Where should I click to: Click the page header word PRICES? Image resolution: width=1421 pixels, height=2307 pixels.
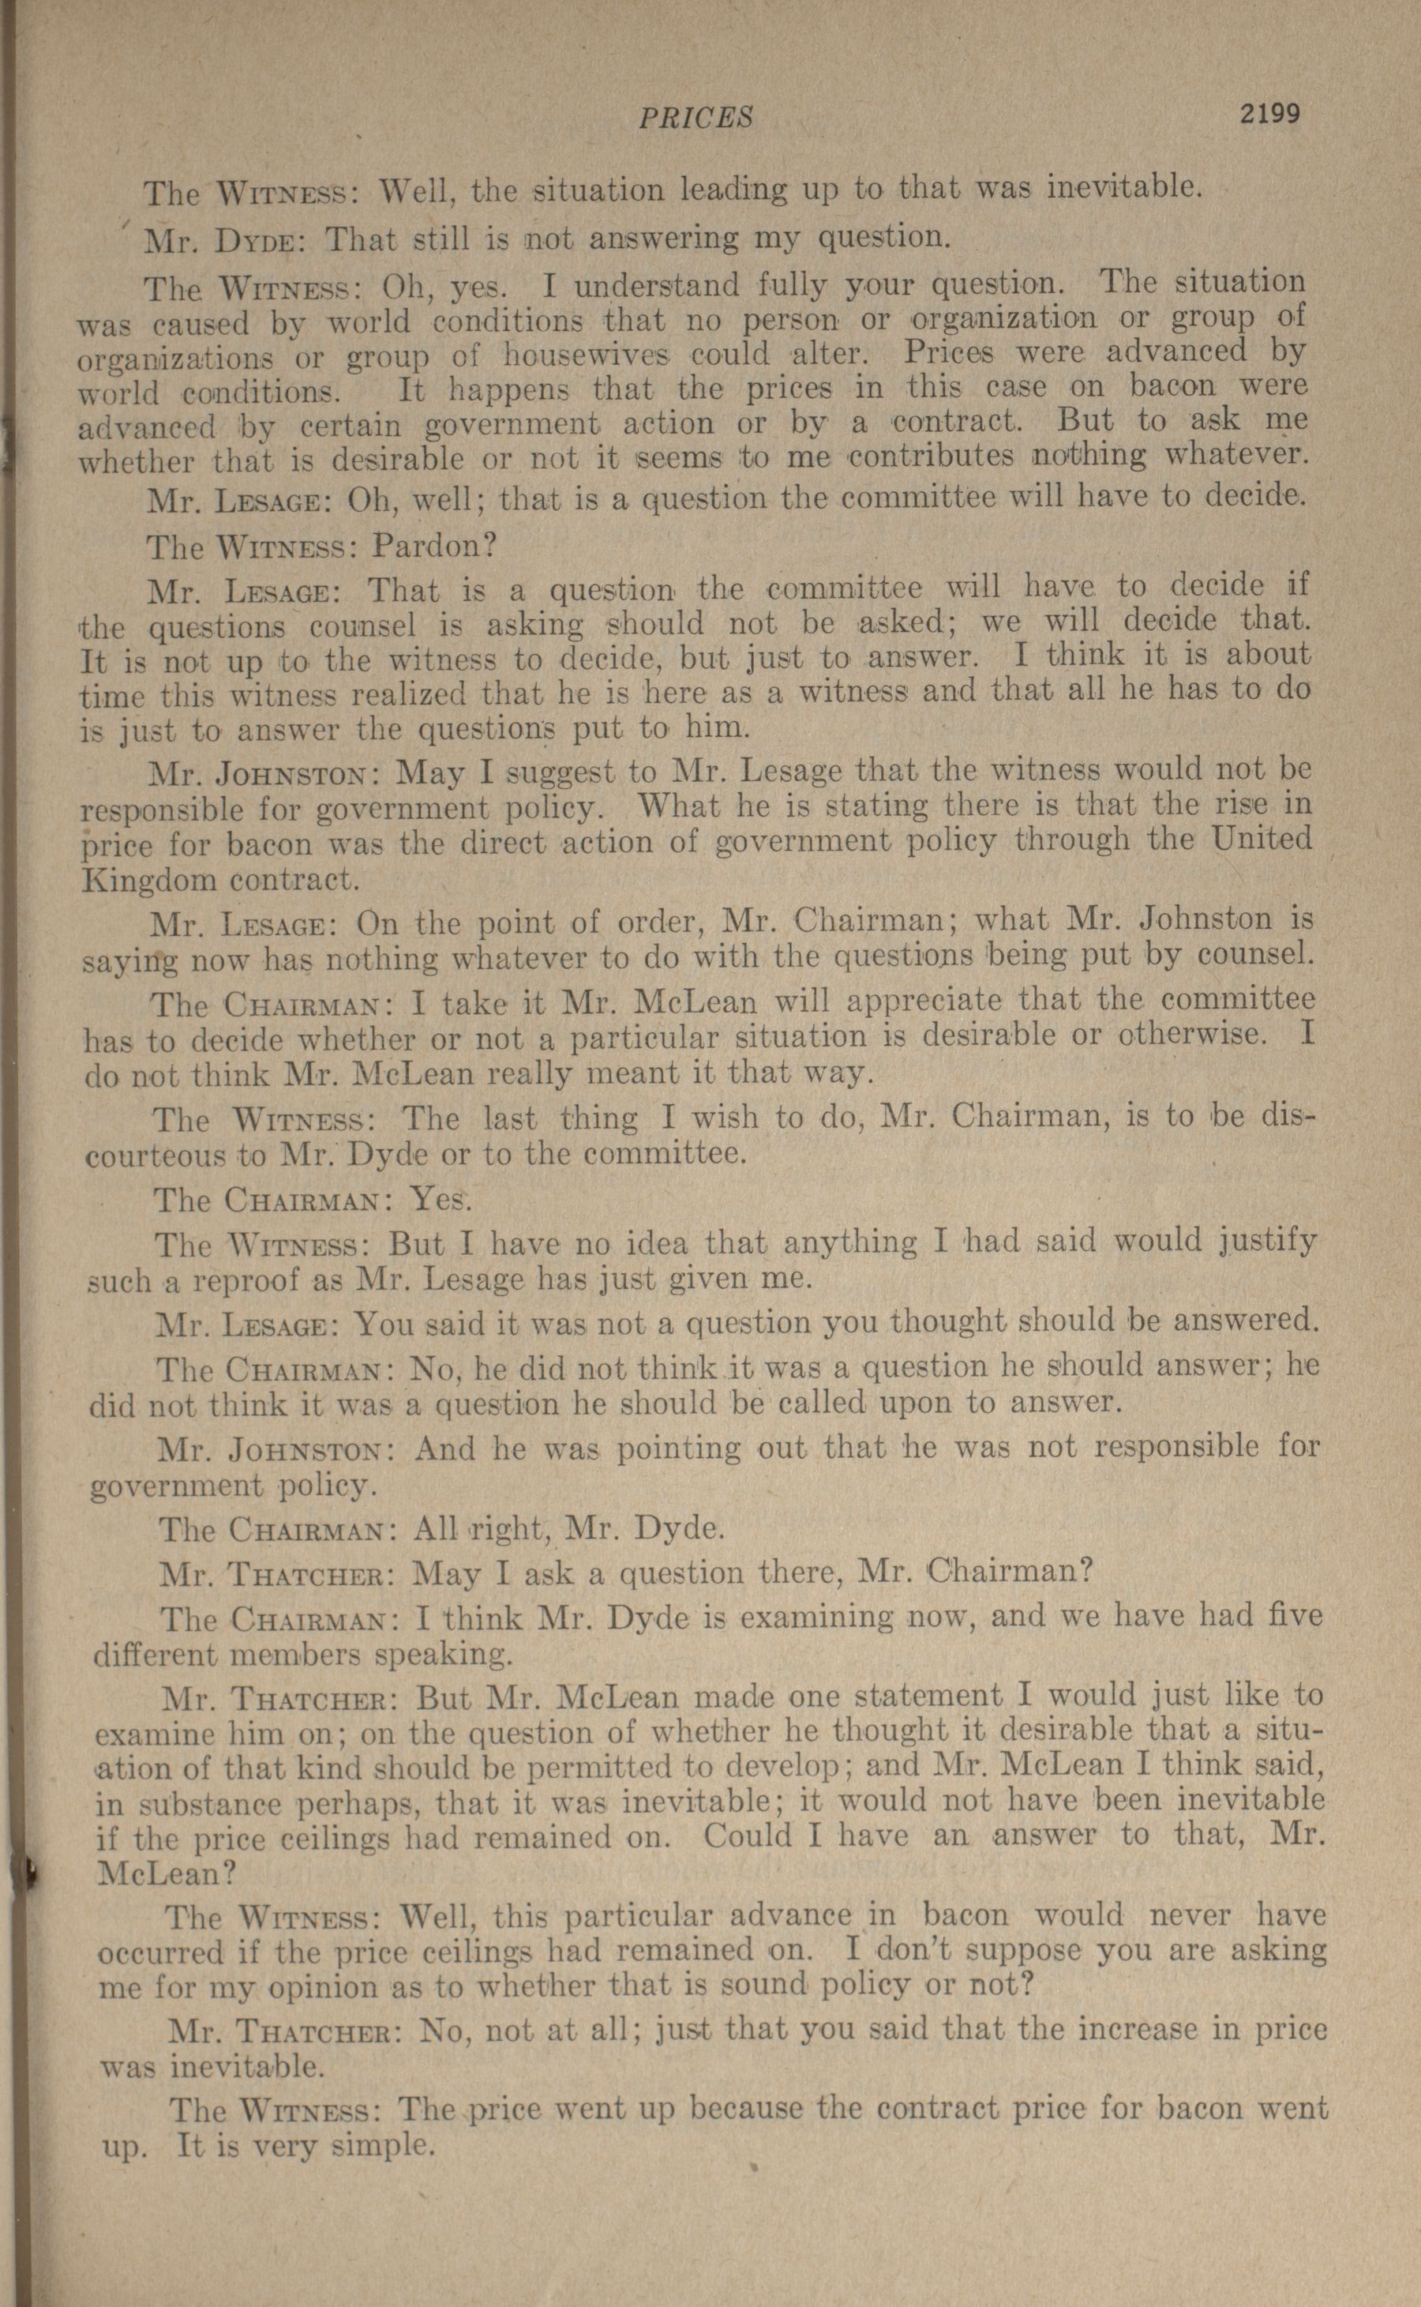click(696, 117)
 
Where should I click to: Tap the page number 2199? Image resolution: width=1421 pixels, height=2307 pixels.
click(1269, 114)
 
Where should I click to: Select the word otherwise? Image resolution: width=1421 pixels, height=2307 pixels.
click(1189, 1035)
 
